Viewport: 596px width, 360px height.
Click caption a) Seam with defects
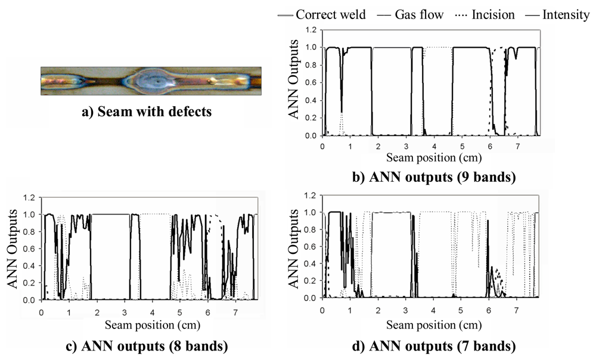[x=147, y=111]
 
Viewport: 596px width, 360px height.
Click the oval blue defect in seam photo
[x=156, y=81]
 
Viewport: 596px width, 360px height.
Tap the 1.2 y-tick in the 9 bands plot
[x=310, y=29]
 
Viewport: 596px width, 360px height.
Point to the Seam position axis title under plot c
[x=152, y=324]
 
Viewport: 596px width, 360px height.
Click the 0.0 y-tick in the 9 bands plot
[x=310, y=136]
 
